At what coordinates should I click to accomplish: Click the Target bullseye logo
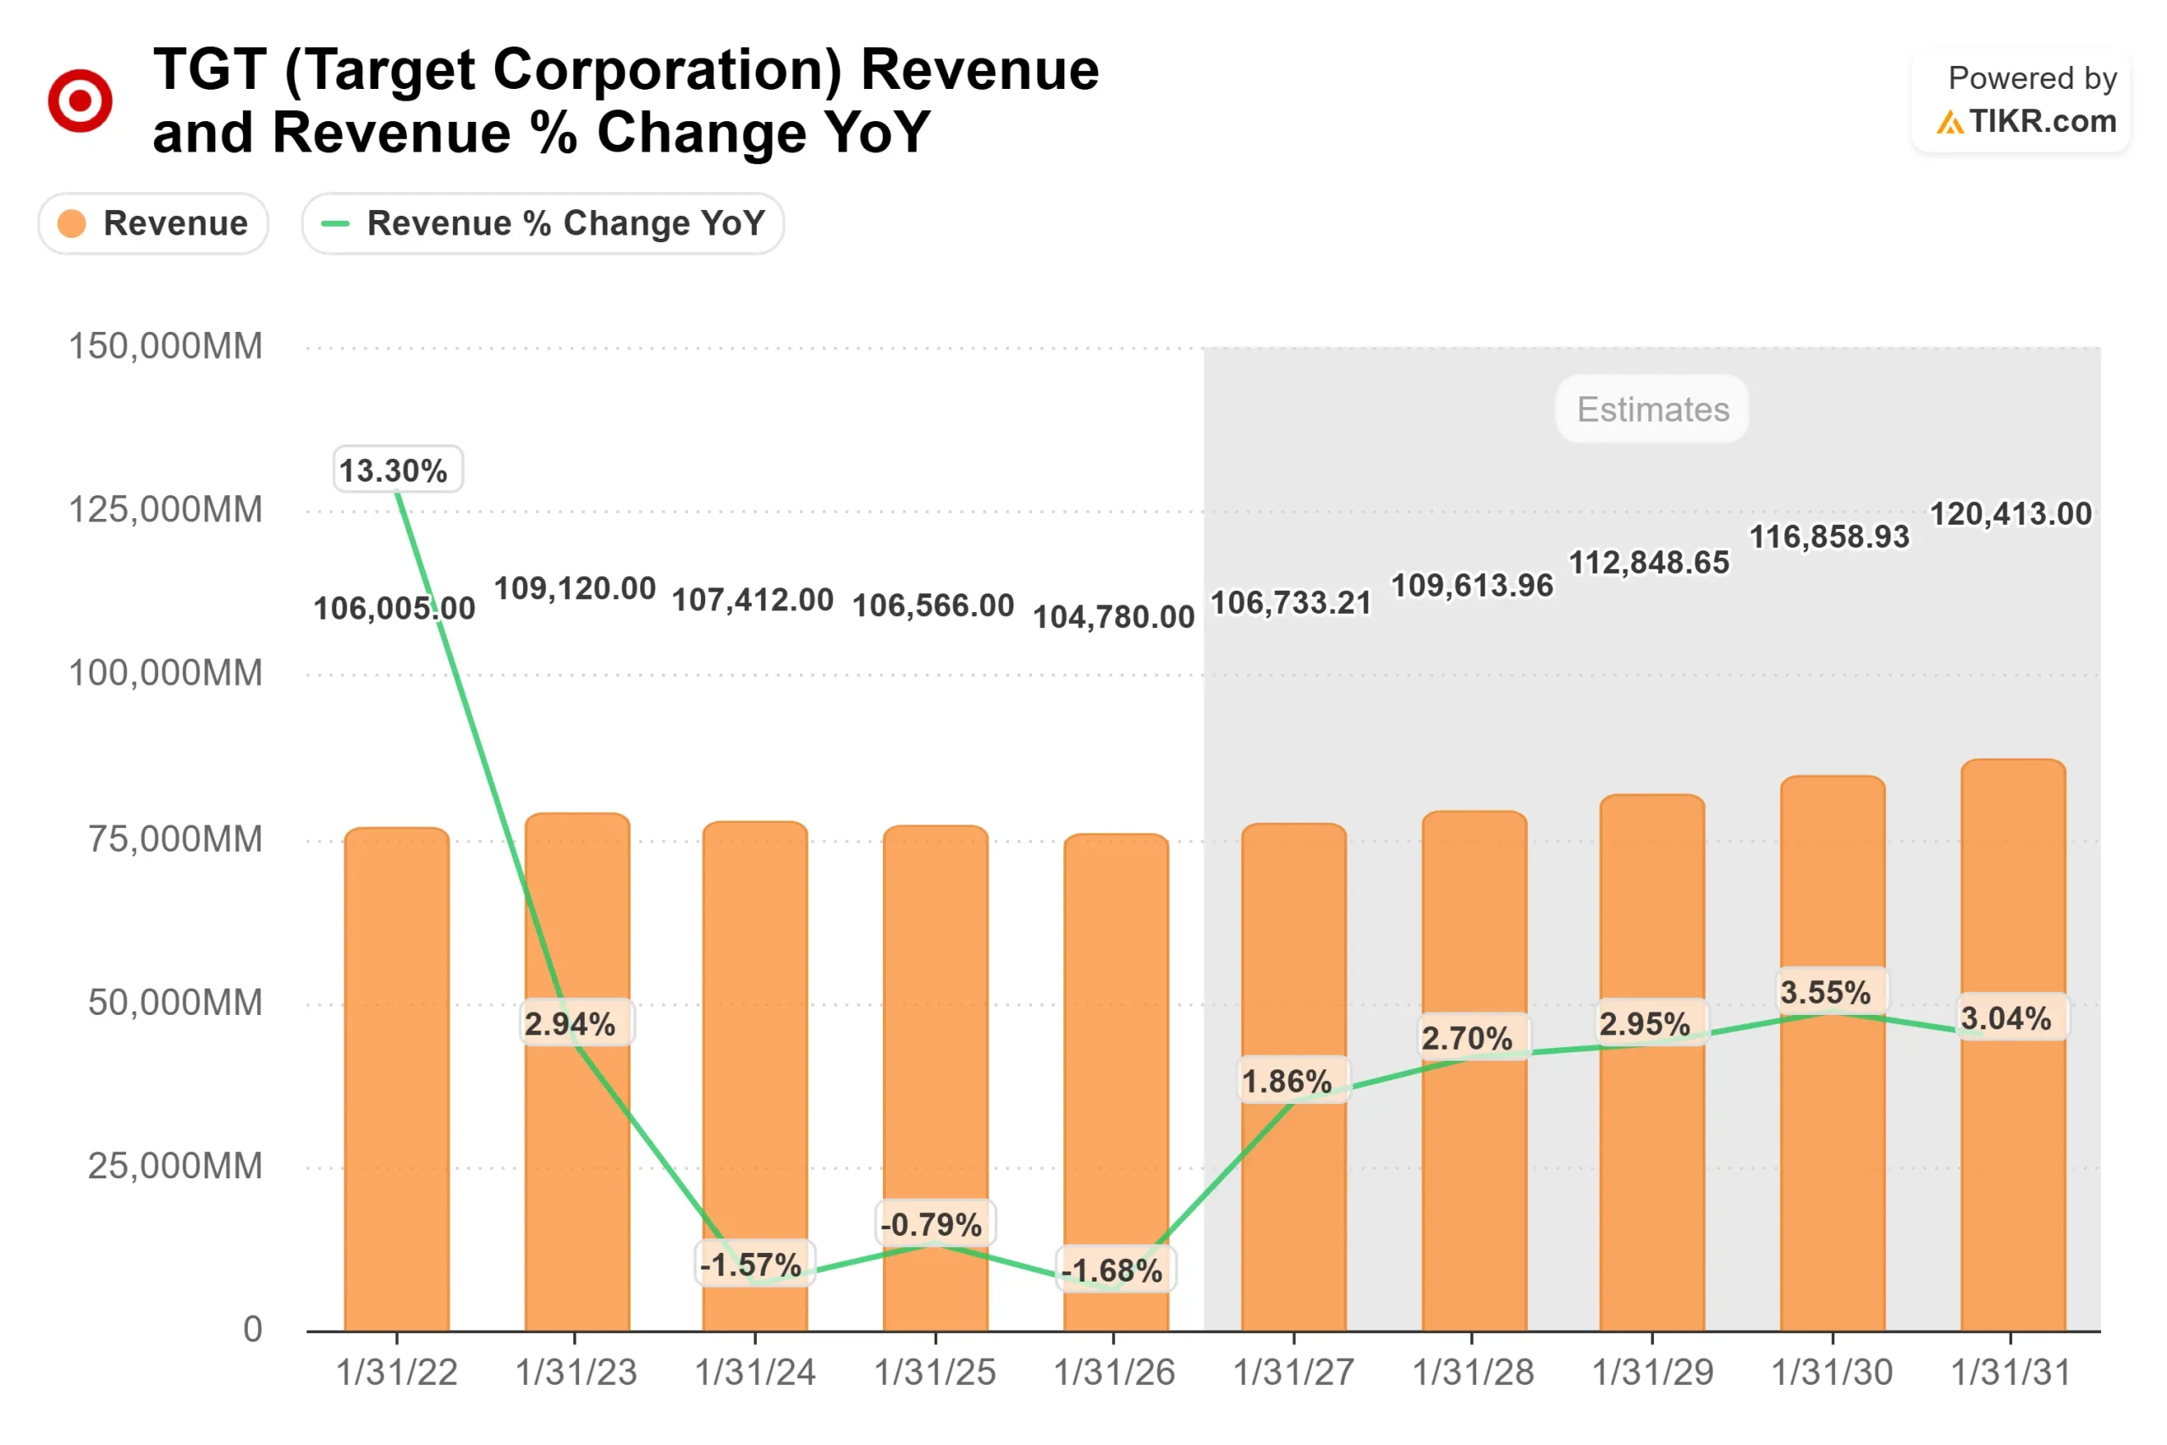80,100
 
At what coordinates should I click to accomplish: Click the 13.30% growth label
397,470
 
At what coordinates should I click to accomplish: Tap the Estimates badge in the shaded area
1652,409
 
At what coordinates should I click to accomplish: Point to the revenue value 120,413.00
2010,513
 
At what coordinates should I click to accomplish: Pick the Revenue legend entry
153,223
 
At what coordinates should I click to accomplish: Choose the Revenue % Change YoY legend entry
543,223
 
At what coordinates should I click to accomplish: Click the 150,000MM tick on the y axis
166,346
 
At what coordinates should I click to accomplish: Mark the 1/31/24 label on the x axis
754,1372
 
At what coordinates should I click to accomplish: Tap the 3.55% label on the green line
1825,992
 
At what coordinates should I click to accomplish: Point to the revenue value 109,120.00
575,588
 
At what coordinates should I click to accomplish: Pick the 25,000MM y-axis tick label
175,1166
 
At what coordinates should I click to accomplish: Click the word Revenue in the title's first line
979,70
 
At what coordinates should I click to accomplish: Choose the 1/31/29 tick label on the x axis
1652,1372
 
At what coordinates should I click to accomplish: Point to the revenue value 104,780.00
1113,616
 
